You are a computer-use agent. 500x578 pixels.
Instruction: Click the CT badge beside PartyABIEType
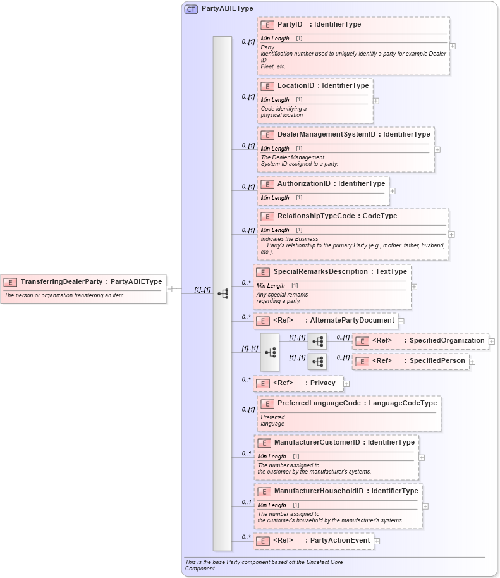(x=191, y=9)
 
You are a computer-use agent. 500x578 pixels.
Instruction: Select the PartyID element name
(x=290, y=25)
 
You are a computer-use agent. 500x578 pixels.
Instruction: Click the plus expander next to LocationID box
(x=376, y=101)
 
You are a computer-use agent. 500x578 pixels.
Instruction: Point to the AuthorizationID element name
(x=303, y=184)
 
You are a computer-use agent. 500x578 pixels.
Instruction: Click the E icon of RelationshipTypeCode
(x=267, y=216)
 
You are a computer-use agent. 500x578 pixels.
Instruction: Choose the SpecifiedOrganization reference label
(x=447, y=341)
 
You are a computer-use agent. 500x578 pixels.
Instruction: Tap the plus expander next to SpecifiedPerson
(x=472, y=362)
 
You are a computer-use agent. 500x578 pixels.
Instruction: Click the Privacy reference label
(x=322, y=383)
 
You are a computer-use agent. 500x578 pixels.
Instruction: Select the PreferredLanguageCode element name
(x=319, y=403)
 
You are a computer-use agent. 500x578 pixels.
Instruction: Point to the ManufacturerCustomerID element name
(x=317, y=443)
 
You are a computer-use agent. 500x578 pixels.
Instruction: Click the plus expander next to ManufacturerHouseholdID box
(x=425, y=506)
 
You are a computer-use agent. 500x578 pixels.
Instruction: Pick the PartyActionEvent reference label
(x=339, y=541)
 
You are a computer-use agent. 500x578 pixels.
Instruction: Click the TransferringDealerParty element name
(x=62, y=282)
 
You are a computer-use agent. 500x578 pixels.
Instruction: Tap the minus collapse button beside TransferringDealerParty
(x=169, y=289)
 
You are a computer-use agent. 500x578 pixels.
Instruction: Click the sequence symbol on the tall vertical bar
(x=223, y=293)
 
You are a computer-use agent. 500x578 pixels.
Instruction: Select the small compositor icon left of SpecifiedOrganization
(x=317, y=341)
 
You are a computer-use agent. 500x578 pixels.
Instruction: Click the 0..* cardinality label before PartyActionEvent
(x=246, y=538)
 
